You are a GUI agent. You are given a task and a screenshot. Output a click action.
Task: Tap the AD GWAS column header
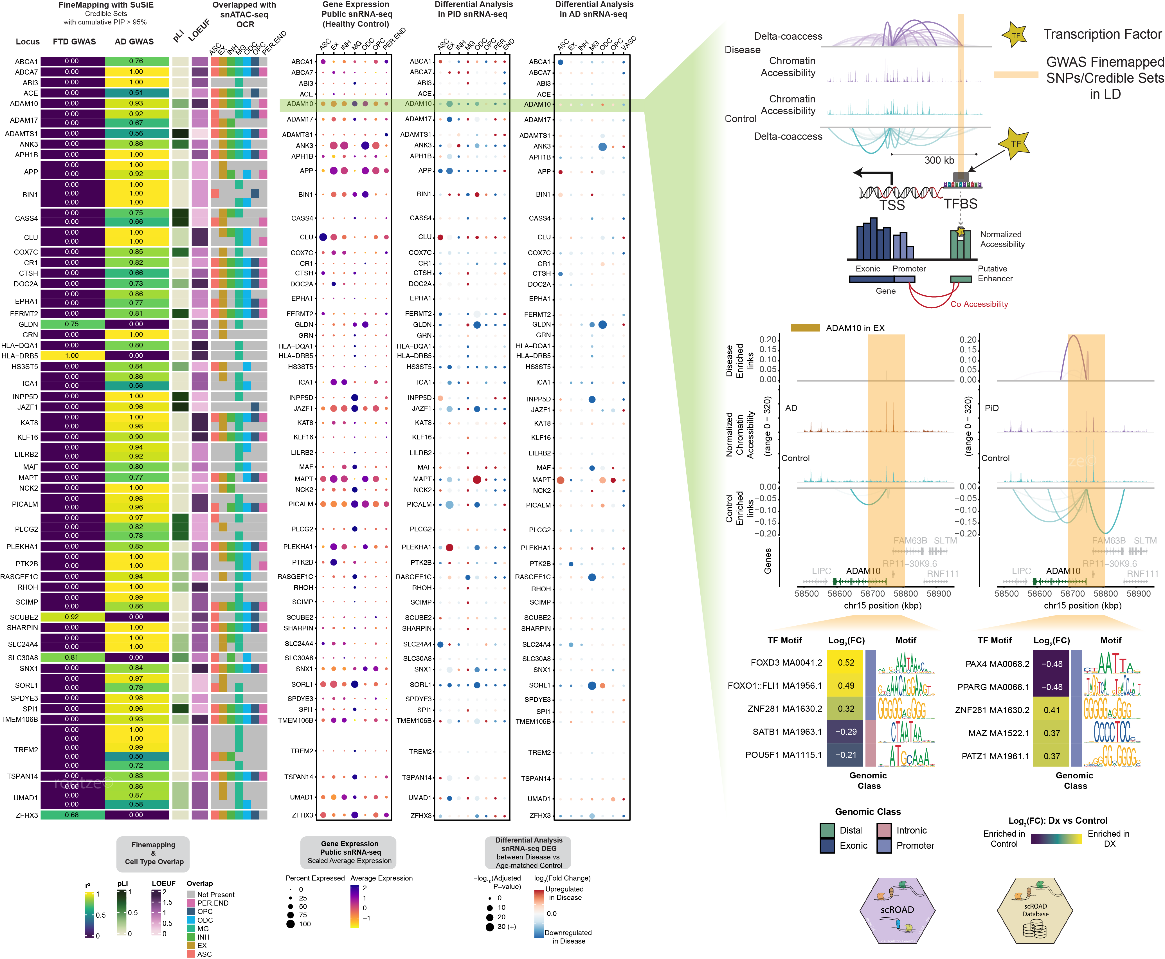point(134,41)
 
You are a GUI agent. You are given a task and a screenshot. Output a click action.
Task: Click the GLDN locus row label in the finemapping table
point(28,324)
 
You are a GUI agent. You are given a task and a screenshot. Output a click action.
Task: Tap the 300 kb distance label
point(939,160)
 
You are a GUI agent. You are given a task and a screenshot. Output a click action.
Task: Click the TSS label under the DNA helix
point(892,205)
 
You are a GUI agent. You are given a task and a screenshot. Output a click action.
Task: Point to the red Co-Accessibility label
point(979,304)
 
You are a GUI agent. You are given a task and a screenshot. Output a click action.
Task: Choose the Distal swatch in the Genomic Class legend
point(827,830)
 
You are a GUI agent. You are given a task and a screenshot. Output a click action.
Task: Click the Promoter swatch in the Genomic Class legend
point(884,846)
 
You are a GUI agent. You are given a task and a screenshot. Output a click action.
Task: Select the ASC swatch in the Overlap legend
point(191,954)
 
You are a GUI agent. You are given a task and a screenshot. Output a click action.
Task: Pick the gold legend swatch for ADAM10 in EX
point(805,327)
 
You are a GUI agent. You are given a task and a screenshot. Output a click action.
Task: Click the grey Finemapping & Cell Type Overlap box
point(153,854)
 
